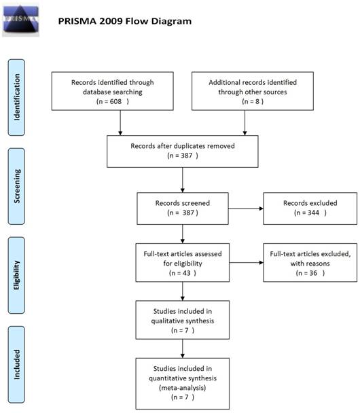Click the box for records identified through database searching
pyautogui.click(x=120, y=91)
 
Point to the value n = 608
pyautogui.click(x=120, y=105)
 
